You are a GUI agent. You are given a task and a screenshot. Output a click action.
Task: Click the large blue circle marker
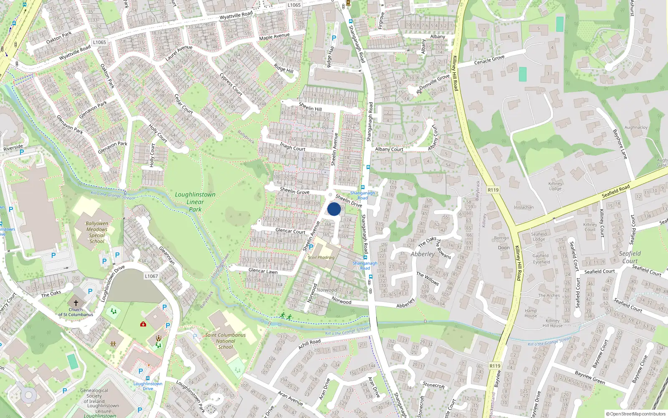334,209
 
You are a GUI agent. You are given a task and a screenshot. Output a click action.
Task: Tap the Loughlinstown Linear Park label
195,202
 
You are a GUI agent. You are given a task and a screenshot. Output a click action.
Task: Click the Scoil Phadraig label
321,257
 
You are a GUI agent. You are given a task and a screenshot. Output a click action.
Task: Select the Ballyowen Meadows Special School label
97,232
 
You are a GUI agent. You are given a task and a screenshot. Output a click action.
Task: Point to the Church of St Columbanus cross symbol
76,303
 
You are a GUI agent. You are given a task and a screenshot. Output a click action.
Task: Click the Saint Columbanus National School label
225,341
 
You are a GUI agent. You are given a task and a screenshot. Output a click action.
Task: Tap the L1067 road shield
152,276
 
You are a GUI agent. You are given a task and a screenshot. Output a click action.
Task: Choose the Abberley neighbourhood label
423,254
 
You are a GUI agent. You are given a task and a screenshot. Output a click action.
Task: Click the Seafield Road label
615,191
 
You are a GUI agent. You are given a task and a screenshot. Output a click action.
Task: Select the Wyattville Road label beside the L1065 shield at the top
236,16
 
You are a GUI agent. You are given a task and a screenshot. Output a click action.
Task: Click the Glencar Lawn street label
263,271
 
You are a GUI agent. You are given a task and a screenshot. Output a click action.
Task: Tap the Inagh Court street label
293,146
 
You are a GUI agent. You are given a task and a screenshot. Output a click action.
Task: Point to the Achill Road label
309,344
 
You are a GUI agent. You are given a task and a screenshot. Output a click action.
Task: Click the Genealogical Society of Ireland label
94,398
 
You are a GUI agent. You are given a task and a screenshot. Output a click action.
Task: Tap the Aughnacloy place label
636,127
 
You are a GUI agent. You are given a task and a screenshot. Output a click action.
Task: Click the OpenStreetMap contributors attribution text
636,414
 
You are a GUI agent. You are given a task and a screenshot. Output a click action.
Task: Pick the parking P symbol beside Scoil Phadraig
311,247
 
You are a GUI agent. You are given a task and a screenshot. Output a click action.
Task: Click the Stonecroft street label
434,385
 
